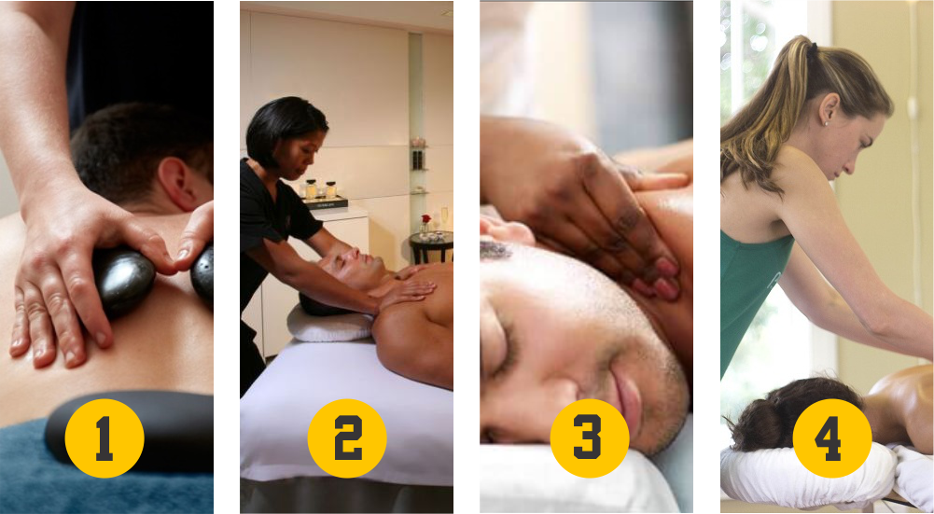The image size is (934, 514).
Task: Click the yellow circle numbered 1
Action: pos(105,438)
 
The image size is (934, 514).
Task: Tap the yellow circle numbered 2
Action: pos(347,438)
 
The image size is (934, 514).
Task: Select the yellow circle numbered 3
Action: pos(590,438)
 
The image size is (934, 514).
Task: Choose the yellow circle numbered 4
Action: pos(832,438)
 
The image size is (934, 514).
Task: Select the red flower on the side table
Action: pos(425,219)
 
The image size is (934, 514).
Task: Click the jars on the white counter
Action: pos(319,189)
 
